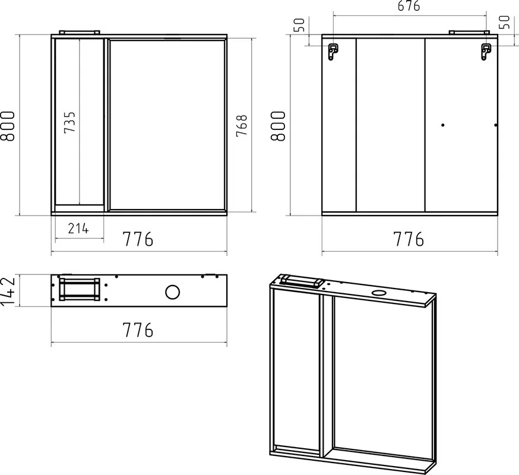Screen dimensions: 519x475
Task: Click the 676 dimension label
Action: click(409, 6)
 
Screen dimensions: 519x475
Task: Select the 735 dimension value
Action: click(70, 122)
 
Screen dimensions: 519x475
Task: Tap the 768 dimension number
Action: click(242, 125)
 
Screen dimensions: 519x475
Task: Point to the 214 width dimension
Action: click(78, 229)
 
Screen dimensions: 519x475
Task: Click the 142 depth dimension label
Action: click(8, 292)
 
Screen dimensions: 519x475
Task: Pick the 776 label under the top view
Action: click(138, 330)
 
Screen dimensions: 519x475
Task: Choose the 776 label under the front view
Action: click(138, 239)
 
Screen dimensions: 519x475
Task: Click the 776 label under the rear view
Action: click(409, 239)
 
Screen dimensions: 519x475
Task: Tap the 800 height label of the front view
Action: click(8, 126)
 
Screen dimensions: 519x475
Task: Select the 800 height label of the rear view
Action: click(278, 126)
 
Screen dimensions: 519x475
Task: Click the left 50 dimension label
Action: click(299, 25)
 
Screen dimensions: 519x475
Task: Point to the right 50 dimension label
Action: click(504, 22)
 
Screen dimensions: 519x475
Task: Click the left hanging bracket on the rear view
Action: click(333, 52)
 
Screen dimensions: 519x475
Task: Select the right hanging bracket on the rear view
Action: click(486, 52)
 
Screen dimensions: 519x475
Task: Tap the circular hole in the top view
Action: click(172, 292)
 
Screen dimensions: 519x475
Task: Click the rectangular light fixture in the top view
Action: click(80, 289)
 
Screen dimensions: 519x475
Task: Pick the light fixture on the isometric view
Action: click(302, 281)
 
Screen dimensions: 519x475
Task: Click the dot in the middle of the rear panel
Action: click(443, 125)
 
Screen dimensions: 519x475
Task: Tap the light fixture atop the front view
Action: click(80, 32)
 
